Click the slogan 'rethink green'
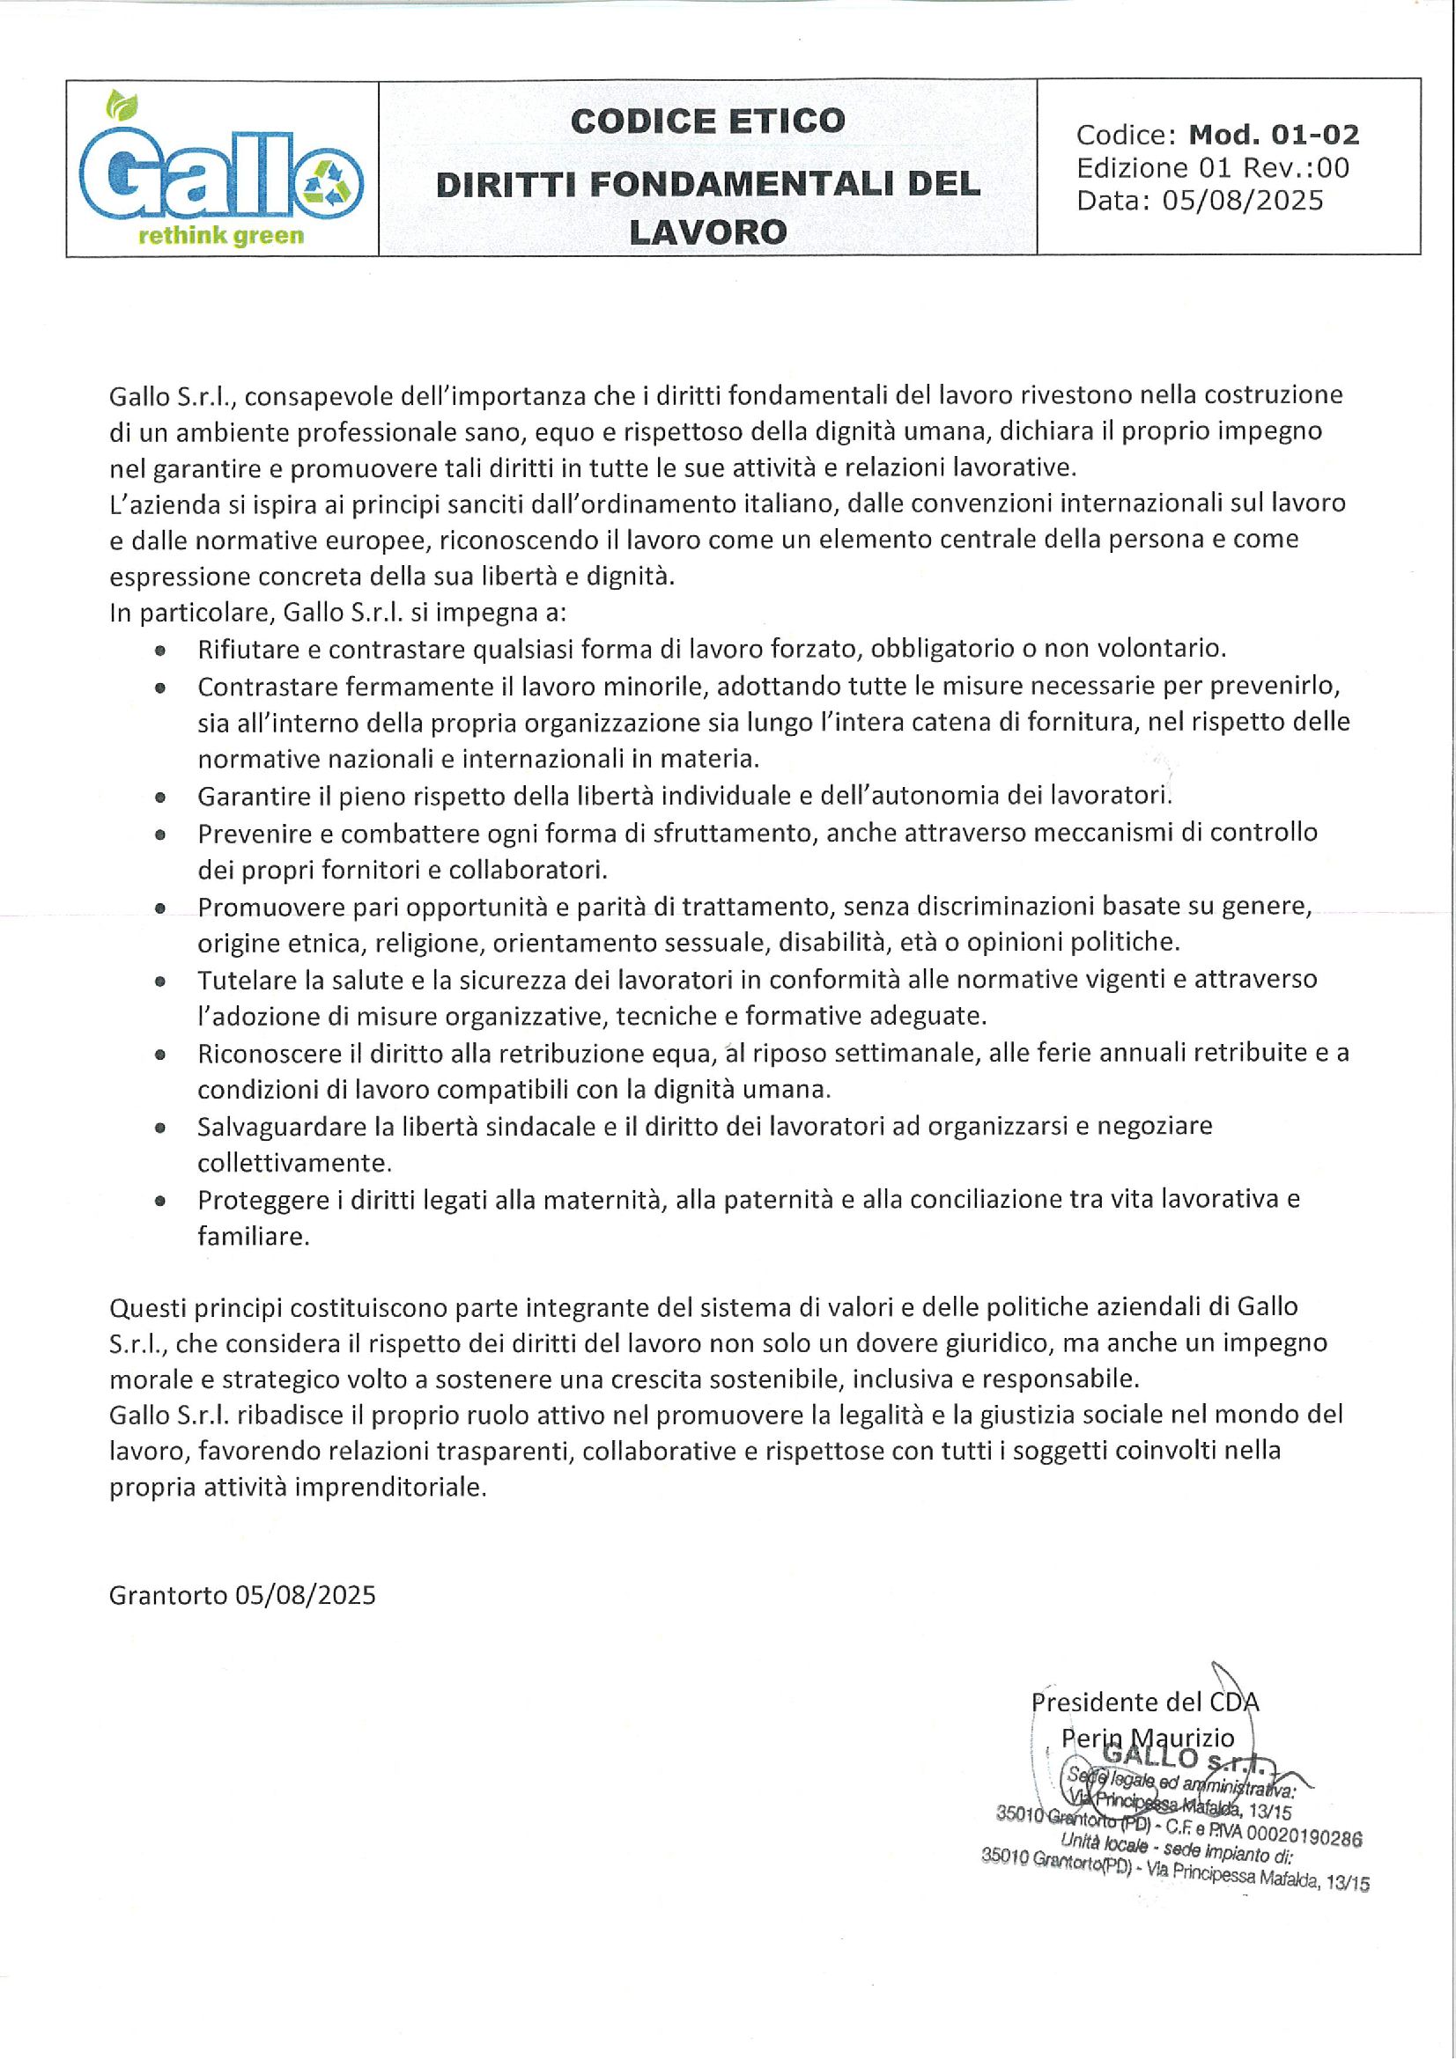221,236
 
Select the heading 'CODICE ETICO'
708,121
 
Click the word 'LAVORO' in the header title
708,232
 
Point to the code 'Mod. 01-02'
1273,135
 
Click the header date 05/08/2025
1243,200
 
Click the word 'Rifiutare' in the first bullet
248,650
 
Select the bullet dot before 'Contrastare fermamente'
160,688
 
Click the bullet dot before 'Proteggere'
160,1201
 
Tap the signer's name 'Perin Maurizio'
1148,1738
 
